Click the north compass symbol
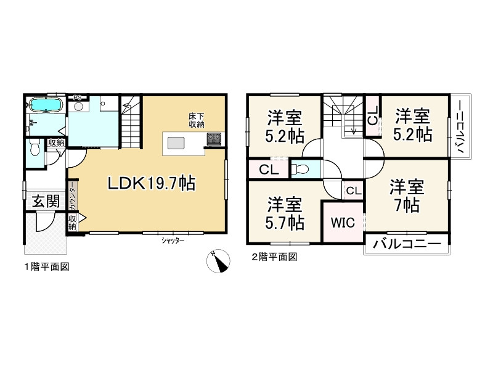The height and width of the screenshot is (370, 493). (217, 261)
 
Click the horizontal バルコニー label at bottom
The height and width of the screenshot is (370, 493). (407, 245)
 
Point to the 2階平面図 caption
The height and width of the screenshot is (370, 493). (273, 258)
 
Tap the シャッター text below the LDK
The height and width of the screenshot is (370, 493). (173, 241)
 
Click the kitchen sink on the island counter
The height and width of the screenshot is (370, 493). (176, 143)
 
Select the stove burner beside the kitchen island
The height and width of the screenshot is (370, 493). (214, 139)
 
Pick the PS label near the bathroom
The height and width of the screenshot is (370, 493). (78, 97)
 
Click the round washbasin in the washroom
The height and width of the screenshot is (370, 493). (79, 107)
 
